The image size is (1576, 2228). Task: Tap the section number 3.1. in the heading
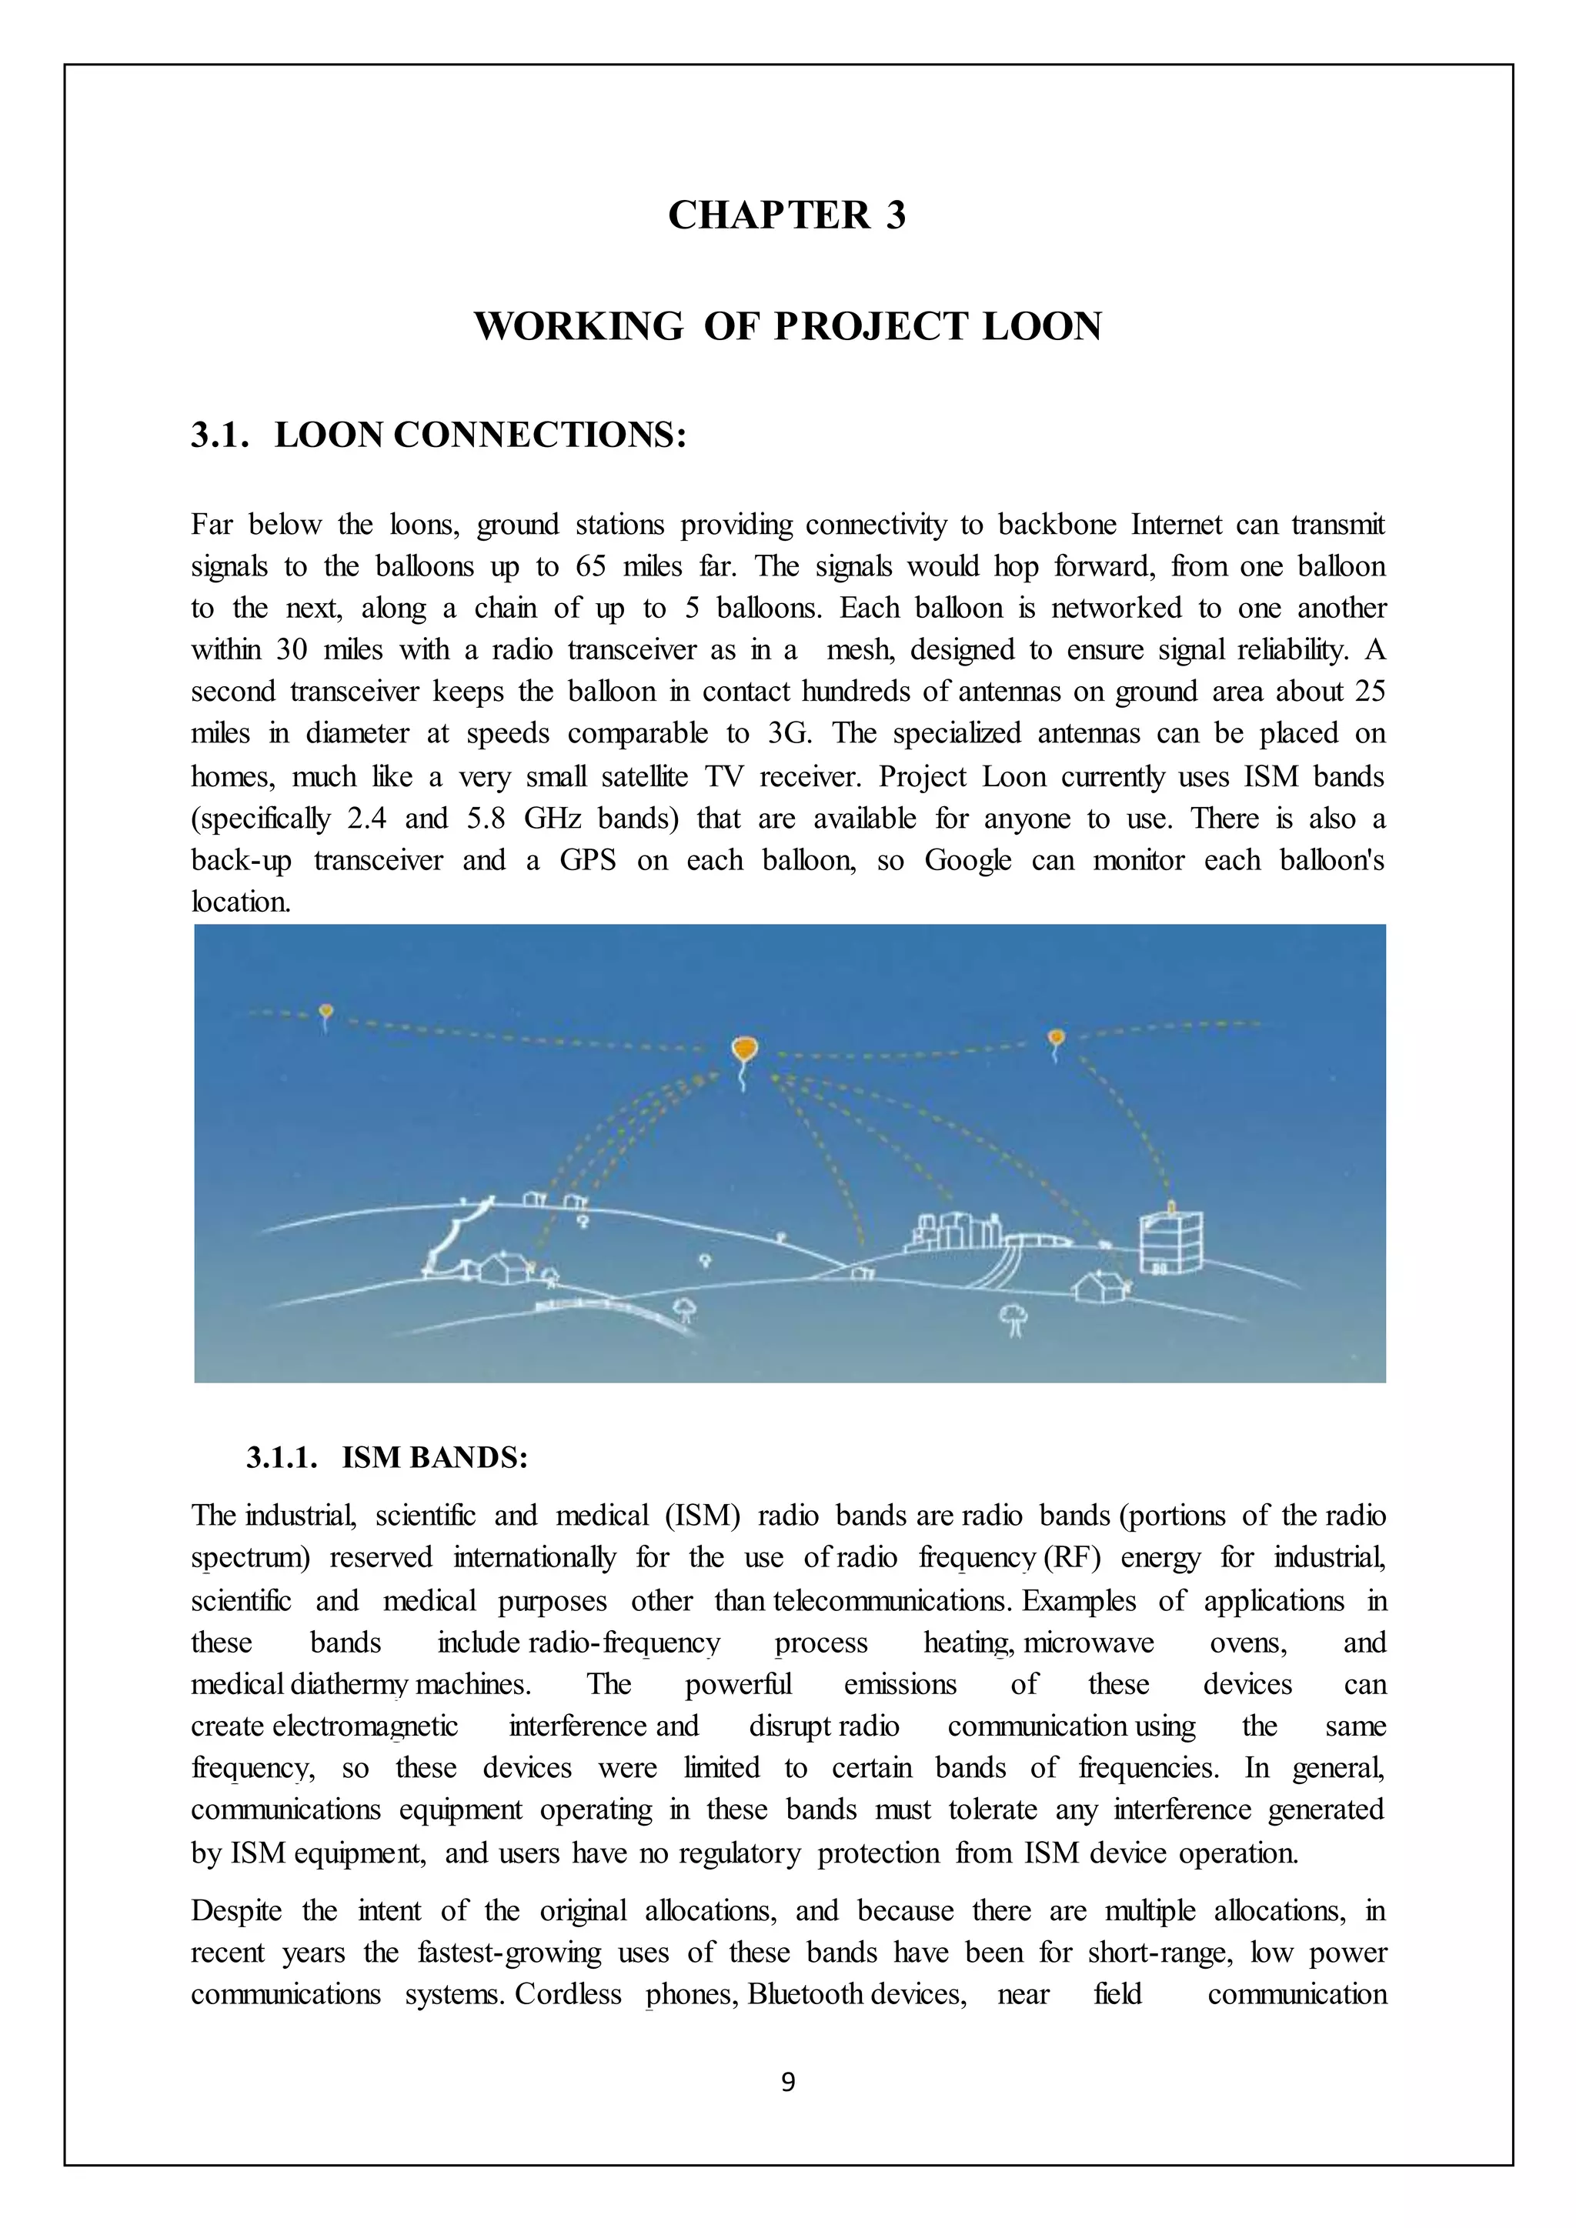[x=219, y=435]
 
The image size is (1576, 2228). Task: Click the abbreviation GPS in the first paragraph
[x=587, y=861]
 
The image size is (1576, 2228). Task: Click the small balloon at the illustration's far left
[x=326, y=1012]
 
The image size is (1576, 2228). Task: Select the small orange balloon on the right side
[x=1057, y=1039]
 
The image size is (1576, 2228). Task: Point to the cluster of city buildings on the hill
[x=954, y=1230]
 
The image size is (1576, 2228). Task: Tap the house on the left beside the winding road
[x=502, y=1266]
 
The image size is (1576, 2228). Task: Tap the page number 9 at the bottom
[x=788, y=2082]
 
